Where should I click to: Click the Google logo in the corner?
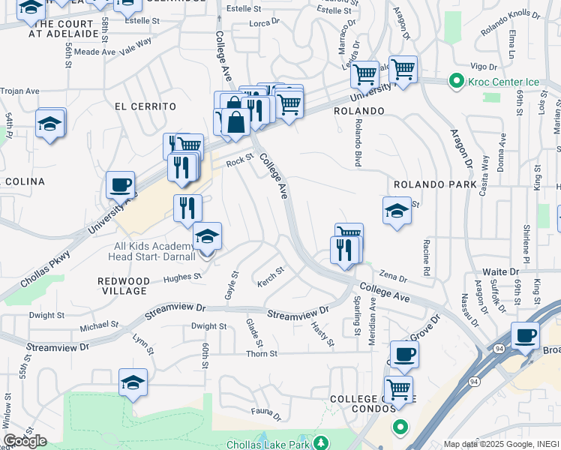(25, 441)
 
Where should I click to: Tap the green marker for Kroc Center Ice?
(454, 80)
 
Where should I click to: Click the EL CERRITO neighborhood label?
(145, 106)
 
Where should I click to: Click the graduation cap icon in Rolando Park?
(397, 211)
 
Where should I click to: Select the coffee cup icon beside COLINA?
(120, 184)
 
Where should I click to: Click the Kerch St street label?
(271, 274)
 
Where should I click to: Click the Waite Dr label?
(500, 271)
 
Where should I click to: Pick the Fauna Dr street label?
(265, 412)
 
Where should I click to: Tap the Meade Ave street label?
(95, 52)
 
